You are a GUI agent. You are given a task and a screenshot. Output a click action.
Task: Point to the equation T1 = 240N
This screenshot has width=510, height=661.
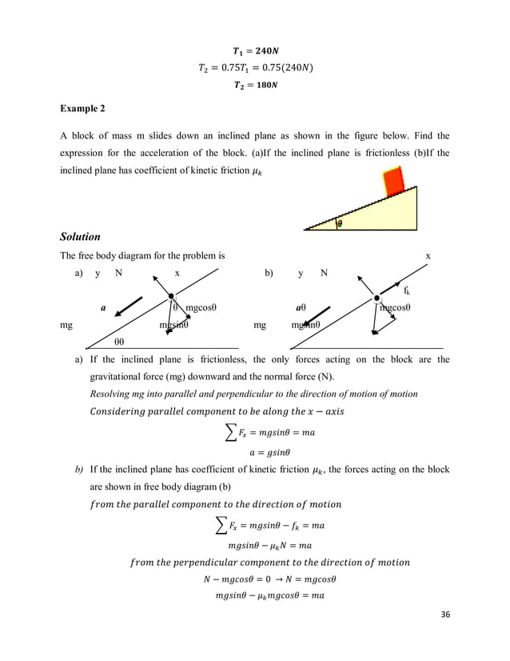point(254,48)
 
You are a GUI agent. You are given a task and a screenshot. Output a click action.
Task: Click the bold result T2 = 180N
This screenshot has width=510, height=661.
point(254,84)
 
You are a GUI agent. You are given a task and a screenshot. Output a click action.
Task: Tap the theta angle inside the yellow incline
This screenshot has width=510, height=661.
point(339,224)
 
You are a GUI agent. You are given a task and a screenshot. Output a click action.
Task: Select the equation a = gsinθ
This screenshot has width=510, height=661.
point(254,451)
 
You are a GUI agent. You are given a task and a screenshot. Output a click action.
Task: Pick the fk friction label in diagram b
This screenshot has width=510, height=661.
point(407,290)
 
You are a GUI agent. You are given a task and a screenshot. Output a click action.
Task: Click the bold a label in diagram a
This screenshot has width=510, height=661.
point(102,307)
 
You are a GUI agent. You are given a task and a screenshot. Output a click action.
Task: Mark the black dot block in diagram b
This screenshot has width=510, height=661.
point(377,299)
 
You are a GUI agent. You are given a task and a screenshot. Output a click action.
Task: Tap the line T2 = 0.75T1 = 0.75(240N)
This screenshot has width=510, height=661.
point(254,66)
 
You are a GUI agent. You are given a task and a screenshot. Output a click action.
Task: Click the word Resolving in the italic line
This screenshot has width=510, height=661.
point(114,395)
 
